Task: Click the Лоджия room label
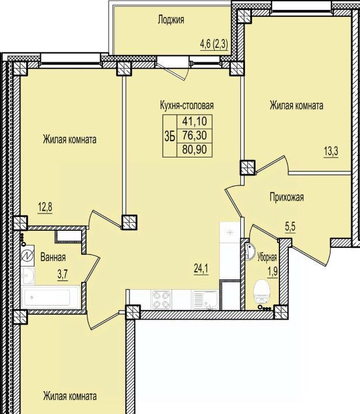click(171, 20)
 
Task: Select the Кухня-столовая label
click(187, 106)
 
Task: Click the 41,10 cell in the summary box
click(194, 121)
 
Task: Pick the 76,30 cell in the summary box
click(194, 136)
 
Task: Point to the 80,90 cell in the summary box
click(194, 150)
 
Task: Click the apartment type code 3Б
click(170, 136)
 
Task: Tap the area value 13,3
click(331, 152)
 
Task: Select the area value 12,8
click(45, 207)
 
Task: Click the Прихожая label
click(286, 197)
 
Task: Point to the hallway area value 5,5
click(290, 227)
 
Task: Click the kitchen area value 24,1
click(201, 269)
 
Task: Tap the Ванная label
click(53, 257)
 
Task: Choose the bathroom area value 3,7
click(62, 275)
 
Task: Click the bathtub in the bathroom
click(51, 297)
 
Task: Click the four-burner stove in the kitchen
click(161, 299)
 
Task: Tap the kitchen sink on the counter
click(205, 300)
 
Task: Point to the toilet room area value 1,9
click(273, 272)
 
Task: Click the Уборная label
click(267, 257)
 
